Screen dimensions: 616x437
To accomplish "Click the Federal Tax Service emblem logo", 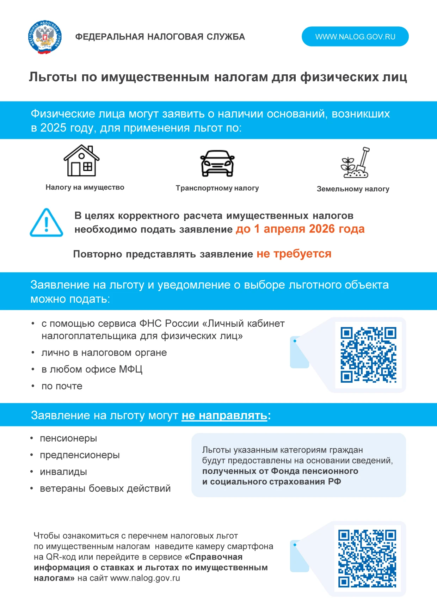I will pyautogui.click(x=45, y=37).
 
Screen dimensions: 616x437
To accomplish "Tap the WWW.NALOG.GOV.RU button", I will pyautogui.click(x=355, y=37).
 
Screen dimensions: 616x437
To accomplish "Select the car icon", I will pyautogui.click(x=217, y=163).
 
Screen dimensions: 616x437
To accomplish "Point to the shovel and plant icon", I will pyautogui.click(x=355, y=163).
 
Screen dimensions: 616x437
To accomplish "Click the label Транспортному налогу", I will pyautogui.click(x=217, y=188).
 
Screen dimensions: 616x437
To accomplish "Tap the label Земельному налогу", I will pyautogui.click(x=353, y=189).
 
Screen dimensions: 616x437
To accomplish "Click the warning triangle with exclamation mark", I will pyautogui.click(x=46, y=223).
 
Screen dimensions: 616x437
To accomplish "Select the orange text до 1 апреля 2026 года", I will pyautogui.click(x=300, y=229).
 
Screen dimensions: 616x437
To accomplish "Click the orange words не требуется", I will pyautogui.click(x=294, y=254).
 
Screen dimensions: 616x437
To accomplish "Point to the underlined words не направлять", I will pyautogui.click(x=224, y=415).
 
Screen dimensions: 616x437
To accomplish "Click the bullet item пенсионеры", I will pyautogui.click(x=68, y=438).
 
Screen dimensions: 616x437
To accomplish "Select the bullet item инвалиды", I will pyautogui.click(x=63, y=472).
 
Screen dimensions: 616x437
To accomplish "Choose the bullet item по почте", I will pyautogui.click(x=62, y=386).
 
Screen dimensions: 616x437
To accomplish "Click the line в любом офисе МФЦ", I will pyautogui.click(x=92, y=369).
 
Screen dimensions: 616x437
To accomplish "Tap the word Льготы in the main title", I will pyautogui.click(x=53, y=77).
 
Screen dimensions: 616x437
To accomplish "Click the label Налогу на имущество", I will pyautogui.click(x=85, y=187).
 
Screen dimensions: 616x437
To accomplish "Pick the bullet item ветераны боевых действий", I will pyautogui.click(x=105, y=488).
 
